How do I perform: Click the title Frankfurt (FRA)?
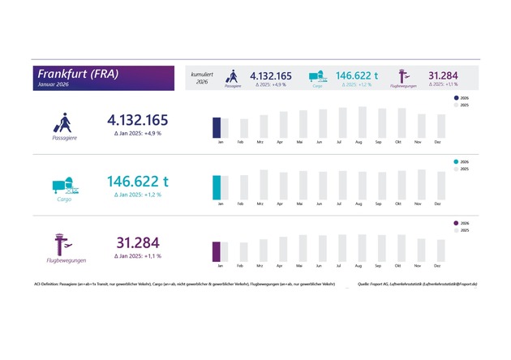coord(78,73)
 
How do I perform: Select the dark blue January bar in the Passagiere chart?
coord(217,128)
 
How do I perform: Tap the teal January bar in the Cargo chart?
coord(217,187)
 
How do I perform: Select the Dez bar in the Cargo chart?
coord(439,186)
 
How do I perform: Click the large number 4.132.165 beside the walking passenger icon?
coord(139,120)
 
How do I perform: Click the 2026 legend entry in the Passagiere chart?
coord(462,97)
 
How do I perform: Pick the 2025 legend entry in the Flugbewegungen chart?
coord(462,231)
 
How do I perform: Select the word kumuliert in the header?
coord(202,74)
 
